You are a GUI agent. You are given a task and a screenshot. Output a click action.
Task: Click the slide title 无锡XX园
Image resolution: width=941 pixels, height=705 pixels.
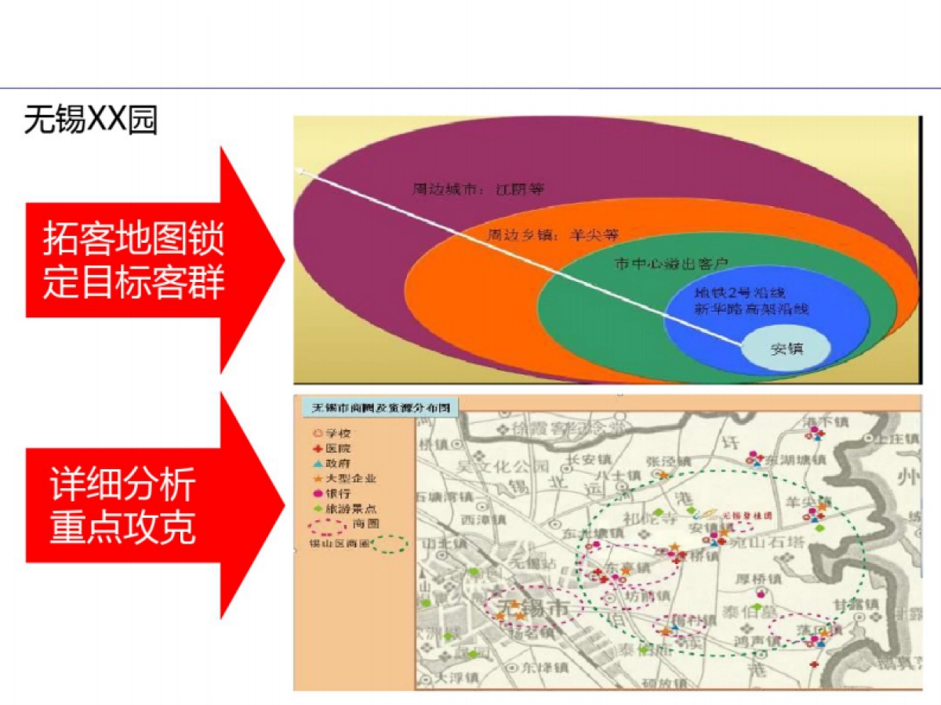click(x=90, y=120)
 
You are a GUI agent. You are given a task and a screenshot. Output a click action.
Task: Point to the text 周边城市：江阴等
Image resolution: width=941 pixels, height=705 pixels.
click(x=478, y=190)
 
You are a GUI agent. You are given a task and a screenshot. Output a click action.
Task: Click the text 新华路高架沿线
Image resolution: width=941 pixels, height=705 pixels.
click(x=750, y=309)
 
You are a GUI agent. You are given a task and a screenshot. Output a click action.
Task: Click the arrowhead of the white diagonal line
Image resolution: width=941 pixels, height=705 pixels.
click(x=299, y=168)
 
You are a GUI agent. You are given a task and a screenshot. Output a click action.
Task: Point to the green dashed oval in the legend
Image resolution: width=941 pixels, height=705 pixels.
click(x=391, y=544)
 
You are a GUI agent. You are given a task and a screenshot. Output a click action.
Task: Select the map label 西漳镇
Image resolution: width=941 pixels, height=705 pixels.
click(x=481, y=519)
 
